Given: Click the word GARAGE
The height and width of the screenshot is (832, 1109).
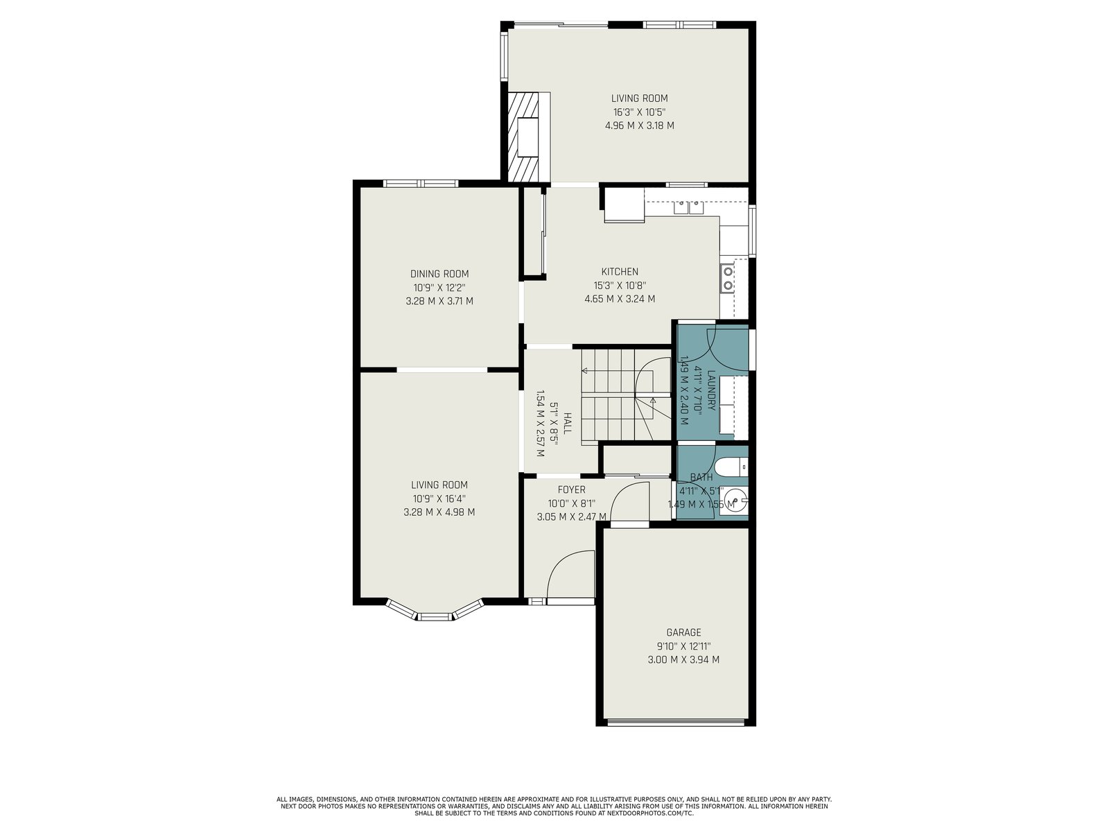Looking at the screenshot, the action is click(683, 632).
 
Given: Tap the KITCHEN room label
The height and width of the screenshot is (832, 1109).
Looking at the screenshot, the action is click(620, 272).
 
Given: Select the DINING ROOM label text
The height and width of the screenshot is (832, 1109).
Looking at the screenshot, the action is click(439, 274).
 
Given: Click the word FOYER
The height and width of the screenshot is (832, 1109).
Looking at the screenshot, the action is click(571, 489).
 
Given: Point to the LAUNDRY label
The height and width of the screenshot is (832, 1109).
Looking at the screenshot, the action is click(711, 390).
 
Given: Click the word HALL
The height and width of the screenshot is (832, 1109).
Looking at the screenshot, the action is click(568, 423).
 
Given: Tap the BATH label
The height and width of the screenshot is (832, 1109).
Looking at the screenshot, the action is click(701, 477).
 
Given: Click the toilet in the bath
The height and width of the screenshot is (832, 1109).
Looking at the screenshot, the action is click(732, 466).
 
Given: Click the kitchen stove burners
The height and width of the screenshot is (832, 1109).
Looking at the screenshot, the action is click(728, 278).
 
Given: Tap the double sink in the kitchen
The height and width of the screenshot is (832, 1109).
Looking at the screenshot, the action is click(688, 207).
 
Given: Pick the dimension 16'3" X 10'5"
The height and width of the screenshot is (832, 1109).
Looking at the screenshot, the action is click(639, 112).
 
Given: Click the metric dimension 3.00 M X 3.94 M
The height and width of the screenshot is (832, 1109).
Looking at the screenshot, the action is click(683, 659).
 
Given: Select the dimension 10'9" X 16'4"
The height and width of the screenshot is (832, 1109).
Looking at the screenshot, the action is click(439, 499).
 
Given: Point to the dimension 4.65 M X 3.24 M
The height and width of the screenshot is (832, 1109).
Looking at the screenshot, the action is click(620, 299).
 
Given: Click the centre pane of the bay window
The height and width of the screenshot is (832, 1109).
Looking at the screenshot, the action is click(435, 616).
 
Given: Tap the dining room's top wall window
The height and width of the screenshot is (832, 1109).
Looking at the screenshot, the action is click(420, 183).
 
